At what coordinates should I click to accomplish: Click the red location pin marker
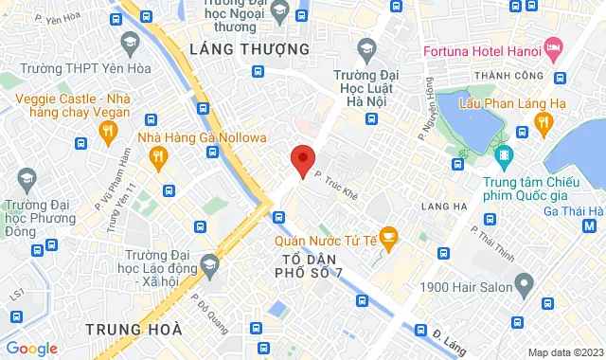pyautogui.click(x=302, y=160)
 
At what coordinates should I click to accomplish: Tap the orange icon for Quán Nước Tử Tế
pyautogui.click(x=386, y=235)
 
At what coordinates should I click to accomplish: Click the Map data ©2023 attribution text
pyautogui.click(x=564, y=352)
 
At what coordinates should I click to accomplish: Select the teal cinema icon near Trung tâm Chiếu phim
pyautogui.click(x=502, y=153)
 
